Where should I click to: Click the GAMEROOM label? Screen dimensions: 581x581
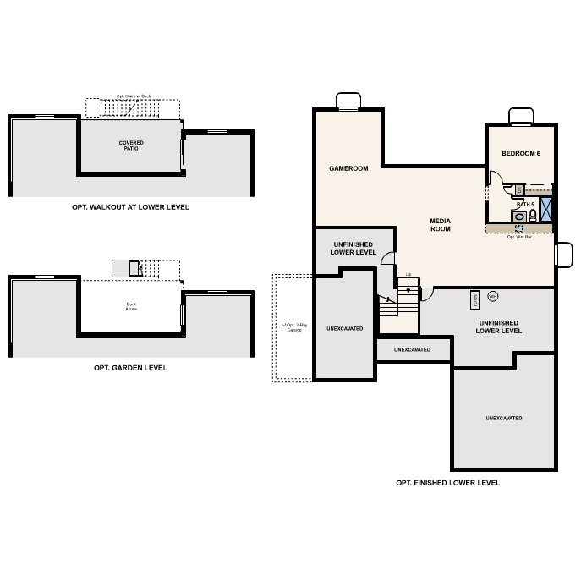pos(348,168)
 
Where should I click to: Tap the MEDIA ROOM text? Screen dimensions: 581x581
pos(440,224)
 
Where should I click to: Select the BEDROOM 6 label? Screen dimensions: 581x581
pos(520,153)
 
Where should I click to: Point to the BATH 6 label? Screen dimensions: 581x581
pos(525,204)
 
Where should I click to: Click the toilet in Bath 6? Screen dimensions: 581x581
pos(532,217)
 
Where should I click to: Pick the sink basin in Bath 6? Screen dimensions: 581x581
pos(519,217)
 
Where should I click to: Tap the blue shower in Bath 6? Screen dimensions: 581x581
pos(545,208)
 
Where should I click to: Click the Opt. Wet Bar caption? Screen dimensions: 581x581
pos(519,237)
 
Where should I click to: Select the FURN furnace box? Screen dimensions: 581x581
pos(475,299)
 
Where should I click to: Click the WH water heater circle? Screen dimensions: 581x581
pos(493,296)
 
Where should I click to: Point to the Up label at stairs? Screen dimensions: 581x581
pos(408,274)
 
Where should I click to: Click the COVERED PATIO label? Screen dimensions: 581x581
pos(131,145)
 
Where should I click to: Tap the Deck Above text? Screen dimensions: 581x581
pos(131,308)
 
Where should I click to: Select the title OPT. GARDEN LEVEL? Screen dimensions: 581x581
pos(130,368)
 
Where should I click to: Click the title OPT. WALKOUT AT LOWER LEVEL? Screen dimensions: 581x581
pos(130,206)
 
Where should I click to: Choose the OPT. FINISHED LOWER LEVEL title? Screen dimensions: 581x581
pos(447,483)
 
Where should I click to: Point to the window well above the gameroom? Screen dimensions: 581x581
pos(348,101)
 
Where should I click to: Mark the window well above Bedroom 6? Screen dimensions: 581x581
pos(520,117)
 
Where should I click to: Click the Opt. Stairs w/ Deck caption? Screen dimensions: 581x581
pos(133,96)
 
